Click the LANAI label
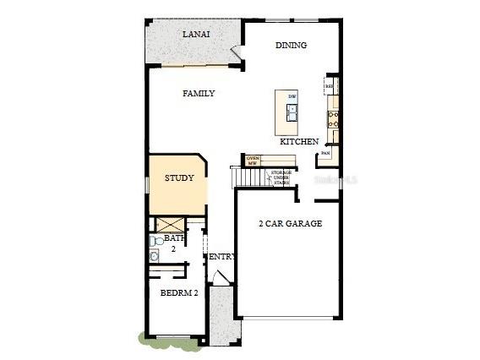196,35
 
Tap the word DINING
291,46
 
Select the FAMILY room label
199,94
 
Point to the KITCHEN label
299,142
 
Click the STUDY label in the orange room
179,178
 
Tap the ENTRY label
221,256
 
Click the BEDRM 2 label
178,293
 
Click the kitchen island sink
292,112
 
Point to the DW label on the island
292,97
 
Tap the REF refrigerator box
330,86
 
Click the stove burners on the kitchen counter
334,121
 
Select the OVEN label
252,158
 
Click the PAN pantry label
325,154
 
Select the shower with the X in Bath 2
167,225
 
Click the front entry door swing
218,276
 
